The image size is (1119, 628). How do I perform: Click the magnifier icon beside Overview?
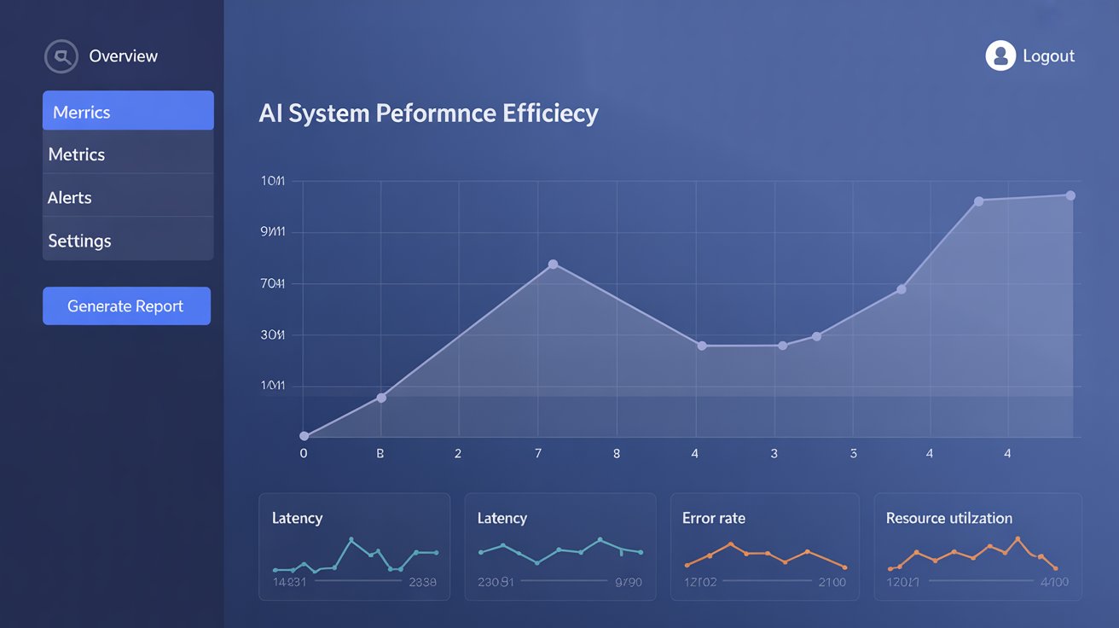pyautogui.click(x=61, y=56)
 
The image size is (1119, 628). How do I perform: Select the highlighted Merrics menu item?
pyautogui.click(x=128, y=111)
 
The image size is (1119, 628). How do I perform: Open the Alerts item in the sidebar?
pyautogui.click(x=128, y=197)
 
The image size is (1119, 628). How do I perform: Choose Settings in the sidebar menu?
pyautogui.click(x=128, y=241)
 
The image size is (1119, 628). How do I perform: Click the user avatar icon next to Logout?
pyautogui.click(x=1000, y=56)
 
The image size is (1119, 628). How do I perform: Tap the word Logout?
pyautogui.click(x=1048, y=56)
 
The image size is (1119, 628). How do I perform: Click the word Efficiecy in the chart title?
pyautogui.click(x=550, y=113)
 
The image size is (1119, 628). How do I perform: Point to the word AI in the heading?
pyautogui.click(x=270, y=113)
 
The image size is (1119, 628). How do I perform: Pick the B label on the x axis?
pyautogui.click(x=380, y=454)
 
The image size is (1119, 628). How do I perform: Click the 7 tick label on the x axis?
pyautogui.click(x=538, y=454)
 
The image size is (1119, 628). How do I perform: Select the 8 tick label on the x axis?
pyautogui.click(x=617, y=454)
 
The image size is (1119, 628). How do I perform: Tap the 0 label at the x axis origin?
pyautogui.click(x=304, y=454)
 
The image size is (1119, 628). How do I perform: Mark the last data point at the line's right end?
pyautogui.click(x=1070, y=195)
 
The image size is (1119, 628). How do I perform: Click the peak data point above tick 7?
pyautogui.click(x=553, y=265)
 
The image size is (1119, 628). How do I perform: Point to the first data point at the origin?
pyautogui.click(x=304, y=436)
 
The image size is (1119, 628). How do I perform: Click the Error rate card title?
pyautogui.click(x=714, y=518)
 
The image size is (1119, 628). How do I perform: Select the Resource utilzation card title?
pyautogui.click(x=948, y=518)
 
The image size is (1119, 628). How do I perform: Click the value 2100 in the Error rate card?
pyautogui.click(x=832, y=582)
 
